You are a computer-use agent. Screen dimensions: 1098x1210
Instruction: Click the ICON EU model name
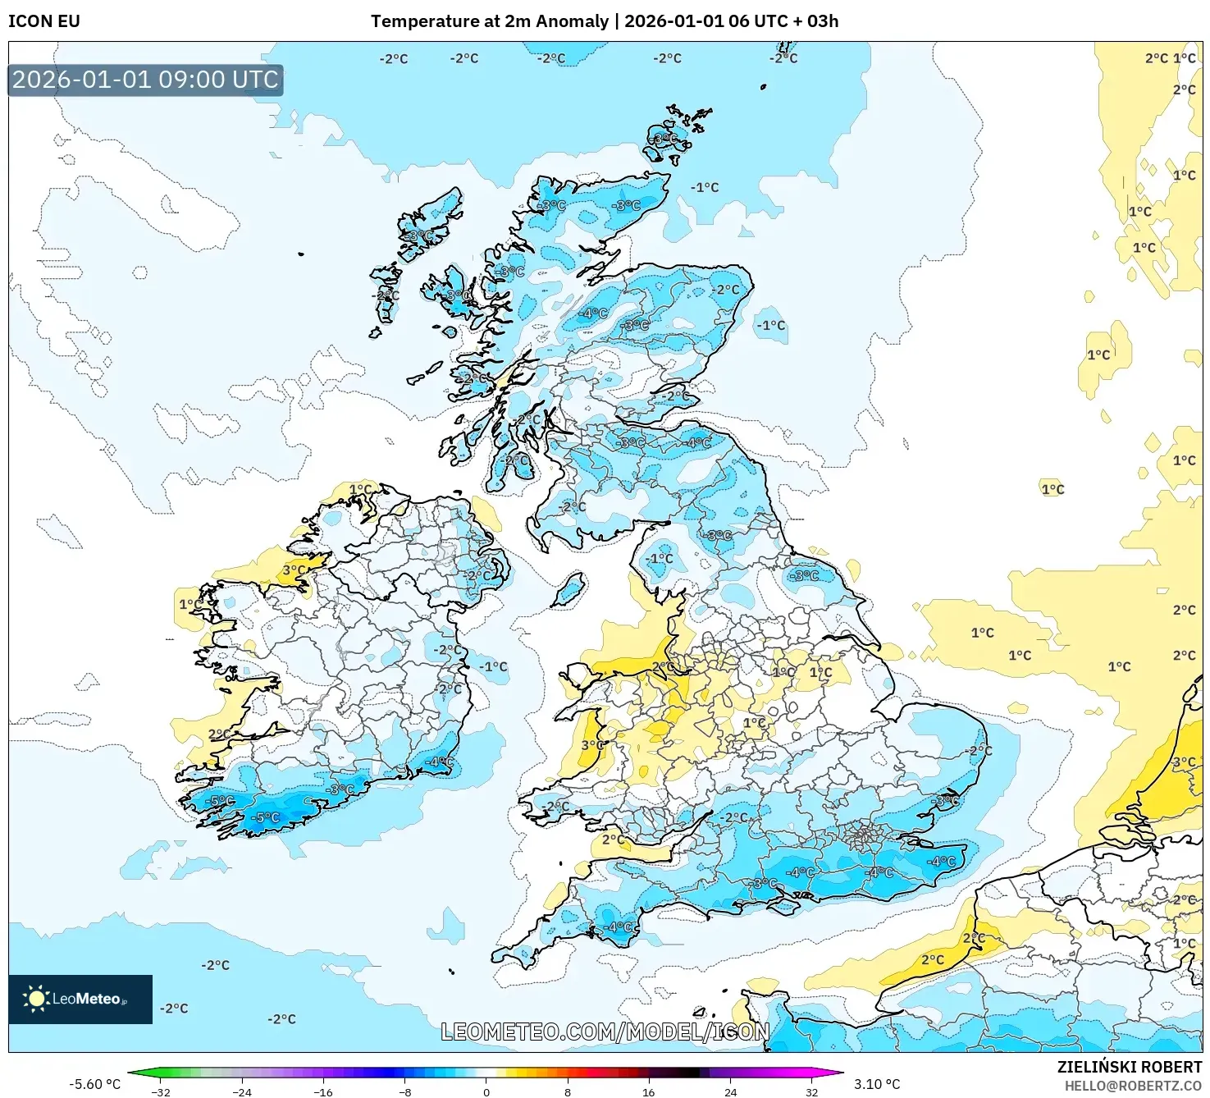(x=44, y=21)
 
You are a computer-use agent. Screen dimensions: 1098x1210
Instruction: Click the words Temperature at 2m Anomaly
(x=489, y=21)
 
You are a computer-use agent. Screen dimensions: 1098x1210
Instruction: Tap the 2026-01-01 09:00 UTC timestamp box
(x=145, y=80)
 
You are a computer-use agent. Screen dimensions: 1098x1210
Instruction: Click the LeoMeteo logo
(x=80, y=999)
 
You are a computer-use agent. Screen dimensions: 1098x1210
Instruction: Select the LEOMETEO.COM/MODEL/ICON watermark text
(x=605, y=1032)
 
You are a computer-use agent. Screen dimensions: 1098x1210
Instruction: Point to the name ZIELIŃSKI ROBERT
(x=1129, y=1067)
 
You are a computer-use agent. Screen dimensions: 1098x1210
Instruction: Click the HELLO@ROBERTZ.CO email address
(x=1139, y=1085)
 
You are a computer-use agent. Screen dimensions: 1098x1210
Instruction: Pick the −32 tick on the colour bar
(x=161, y=1091)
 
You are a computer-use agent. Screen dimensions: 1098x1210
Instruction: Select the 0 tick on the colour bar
(x=486, y=1091)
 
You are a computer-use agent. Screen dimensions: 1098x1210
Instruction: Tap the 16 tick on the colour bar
(x=648, y=1091)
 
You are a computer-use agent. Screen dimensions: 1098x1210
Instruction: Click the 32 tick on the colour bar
(x=810, y=1091)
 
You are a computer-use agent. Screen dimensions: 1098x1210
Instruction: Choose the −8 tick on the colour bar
(x=404, y=1091)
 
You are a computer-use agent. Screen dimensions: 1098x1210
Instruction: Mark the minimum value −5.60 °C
(x=94, y=1084)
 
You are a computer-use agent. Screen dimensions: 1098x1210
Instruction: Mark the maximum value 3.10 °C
(x=876, y=1084)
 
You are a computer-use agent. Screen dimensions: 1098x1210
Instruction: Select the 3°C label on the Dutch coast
(x=1183, y=762)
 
